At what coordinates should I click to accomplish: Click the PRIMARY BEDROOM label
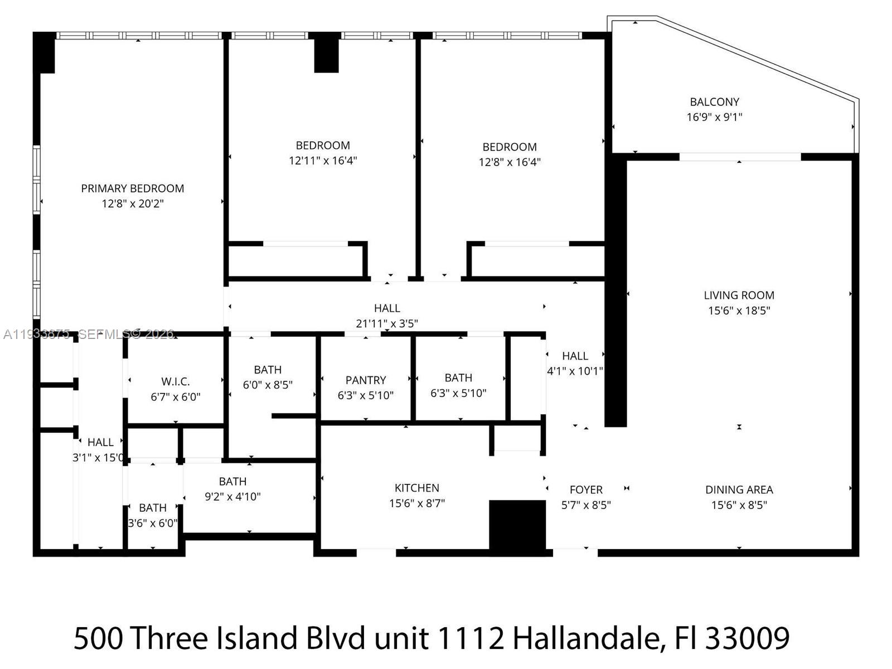pos(133,188)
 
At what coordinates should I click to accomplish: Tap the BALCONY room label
pos(714,102)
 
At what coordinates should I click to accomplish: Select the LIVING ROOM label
pos(739,295)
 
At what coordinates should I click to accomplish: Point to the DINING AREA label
pos(739,490)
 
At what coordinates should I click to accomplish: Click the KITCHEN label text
pos(416,488)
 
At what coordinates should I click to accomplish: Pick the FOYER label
pos(586,490)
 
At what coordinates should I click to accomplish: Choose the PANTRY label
pos(365,380)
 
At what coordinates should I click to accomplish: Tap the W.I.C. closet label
pos(176,382)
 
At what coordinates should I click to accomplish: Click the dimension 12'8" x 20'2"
pos(133,204)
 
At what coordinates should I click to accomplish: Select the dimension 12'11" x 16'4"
pos(323,161)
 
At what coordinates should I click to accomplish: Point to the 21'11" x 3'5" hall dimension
pos(387,324)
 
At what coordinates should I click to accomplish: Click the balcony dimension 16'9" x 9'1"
pos(714,117)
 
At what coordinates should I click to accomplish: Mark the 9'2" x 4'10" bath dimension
pos(232,497)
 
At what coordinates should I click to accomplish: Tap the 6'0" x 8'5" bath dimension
pos(268,385)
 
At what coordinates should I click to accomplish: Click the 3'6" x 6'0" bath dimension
pos(153,523)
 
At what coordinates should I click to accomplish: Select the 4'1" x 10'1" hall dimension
pos(575,371)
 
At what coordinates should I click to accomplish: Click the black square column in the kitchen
pos(517,525)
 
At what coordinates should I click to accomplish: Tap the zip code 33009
pos(747,638)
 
